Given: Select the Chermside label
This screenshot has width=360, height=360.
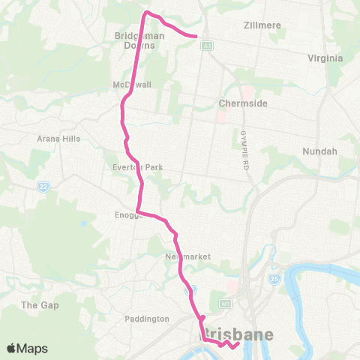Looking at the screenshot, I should [238, 103].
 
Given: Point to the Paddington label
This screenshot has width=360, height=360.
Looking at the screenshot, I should [147, 319].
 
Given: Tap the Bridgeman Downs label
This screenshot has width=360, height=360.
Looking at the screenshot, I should [135, 40].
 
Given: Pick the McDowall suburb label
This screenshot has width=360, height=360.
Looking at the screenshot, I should [132, 84].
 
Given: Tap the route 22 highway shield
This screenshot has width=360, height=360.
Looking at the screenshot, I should [43, 185].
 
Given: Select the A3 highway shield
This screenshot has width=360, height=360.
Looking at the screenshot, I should [205, 46].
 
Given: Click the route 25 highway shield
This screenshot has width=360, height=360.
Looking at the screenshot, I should [274, 279].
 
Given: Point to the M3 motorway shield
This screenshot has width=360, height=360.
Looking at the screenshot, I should [224, 304].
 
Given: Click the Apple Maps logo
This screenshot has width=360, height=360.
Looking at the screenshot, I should [27, 348].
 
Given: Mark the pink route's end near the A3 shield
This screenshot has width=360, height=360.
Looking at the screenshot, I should [196, 35].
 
